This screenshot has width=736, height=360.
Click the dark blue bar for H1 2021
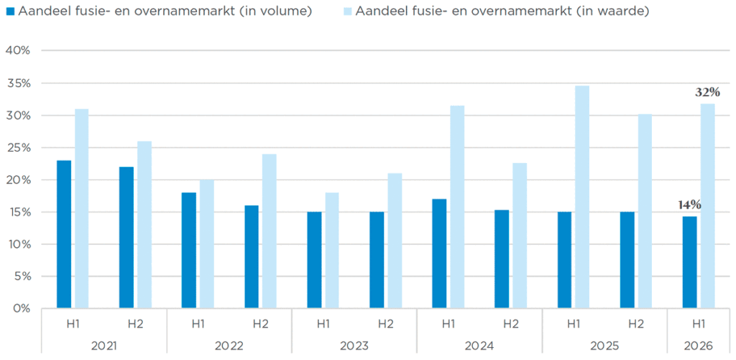(64, 235)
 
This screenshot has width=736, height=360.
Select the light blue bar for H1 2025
(582, 197)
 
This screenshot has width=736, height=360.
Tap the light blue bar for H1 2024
(457, 207)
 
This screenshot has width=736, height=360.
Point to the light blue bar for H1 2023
(332, 251)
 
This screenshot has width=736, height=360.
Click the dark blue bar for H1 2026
(689, 262)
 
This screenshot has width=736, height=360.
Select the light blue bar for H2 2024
(520, 236)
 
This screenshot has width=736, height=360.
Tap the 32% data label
(707, 92)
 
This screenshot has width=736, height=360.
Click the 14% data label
(689, 205)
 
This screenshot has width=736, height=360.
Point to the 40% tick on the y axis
(18, 50)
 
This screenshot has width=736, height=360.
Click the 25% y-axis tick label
(19, 147)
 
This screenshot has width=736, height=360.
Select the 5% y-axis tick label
(22, 277)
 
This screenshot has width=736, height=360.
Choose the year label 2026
(699, 346)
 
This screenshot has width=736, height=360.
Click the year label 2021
(103, 346)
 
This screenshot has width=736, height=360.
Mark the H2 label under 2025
(636, 323)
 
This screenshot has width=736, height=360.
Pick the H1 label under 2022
(198, 323)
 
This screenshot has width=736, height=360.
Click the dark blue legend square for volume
(10, 11)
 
